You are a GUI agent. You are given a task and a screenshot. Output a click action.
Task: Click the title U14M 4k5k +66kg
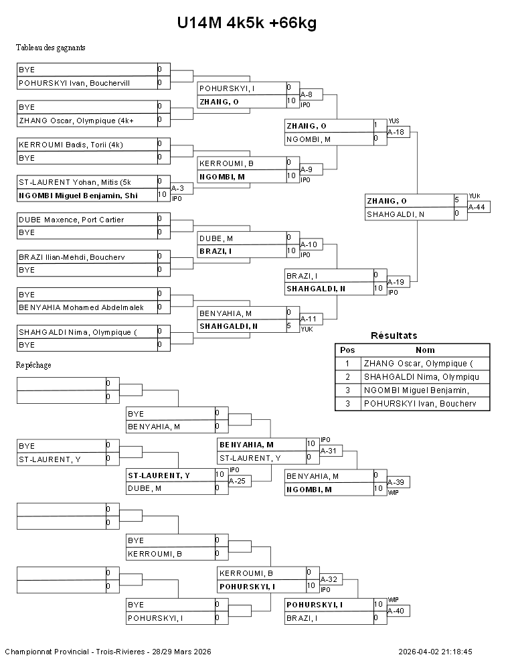(x=246, y=23)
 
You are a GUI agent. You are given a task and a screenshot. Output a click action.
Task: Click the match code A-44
(x=477, y=207)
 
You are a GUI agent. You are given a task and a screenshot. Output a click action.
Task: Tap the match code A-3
(x=177, y=189)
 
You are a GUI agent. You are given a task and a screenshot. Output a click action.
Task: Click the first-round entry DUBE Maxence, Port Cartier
(x=71, y=220)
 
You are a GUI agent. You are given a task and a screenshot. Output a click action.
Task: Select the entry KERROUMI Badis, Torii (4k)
(x=70, y=145)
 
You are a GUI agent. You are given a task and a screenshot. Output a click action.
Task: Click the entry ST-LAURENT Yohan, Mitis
(x=75, y=182)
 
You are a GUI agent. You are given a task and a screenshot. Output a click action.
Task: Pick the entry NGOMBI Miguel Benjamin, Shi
(x=78, y=195)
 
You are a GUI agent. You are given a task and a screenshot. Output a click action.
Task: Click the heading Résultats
(x=394, y=336)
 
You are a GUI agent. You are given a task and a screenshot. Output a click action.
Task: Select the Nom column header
(x=425, y=350)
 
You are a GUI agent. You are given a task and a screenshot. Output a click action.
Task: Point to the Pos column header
(x=347, y=350)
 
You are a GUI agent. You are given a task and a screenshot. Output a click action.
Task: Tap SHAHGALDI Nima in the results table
(x=421, y=377)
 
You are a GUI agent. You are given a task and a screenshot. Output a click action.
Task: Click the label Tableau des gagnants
(x=50, y=48)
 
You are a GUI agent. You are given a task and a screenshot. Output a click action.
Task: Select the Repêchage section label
(x=33, y=365)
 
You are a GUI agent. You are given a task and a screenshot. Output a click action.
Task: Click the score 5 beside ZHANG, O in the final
(x=456, y=200)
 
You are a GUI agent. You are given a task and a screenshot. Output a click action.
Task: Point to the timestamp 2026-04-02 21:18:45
(x=435, y=651)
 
